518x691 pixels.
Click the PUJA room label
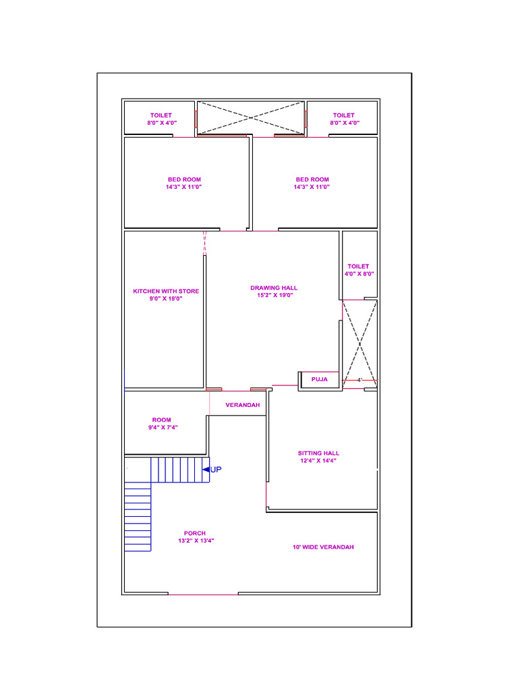320,380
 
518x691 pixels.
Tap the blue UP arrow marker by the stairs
206,469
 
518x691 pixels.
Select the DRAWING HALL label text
274,288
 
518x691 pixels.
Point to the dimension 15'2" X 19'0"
274,296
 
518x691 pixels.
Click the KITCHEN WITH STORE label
166,292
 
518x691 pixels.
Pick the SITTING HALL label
319,453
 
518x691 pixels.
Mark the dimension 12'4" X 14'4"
319,461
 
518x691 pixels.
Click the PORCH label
195,533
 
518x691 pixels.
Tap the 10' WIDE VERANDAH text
323,547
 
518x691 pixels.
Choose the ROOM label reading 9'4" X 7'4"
161,427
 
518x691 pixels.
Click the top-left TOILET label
161,115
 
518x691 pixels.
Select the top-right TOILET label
343,115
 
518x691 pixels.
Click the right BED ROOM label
312,179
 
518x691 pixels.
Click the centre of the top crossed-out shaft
251,118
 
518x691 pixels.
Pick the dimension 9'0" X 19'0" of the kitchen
166,299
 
